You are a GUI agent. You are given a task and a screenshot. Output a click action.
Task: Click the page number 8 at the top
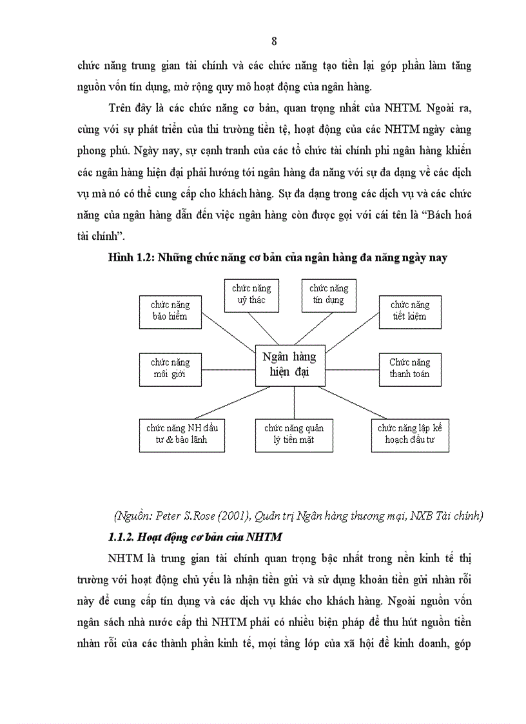(274, 42)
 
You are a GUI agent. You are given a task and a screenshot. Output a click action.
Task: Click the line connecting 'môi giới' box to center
(228, 369)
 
